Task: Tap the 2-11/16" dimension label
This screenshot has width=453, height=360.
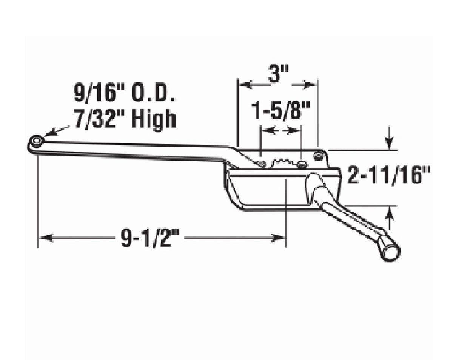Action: pyautogui.click(x=389, y=176)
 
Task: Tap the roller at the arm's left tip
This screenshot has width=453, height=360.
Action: pyautogui.click(x=36, y=142)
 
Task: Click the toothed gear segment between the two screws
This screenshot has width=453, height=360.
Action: pyautogui.click(x=280, y=164)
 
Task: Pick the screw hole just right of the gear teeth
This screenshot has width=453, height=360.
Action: pyautogui.click(x=302, y=164)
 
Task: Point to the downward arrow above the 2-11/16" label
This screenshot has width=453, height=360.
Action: pyautogui.click(x=389, y=144)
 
